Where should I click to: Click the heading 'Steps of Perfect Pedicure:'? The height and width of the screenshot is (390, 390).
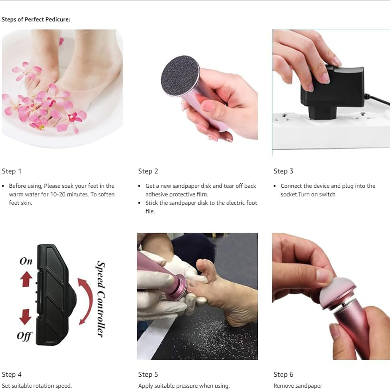click(36, 20)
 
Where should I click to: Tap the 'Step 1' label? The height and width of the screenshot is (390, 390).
click(11, 171)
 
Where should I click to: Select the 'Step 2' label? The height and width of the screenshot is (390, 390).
click(148, 171)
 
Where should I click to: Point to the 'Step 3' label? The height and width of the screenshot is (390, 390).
click(283, 171)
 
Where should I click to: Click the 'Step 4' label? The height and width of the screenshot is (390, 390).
click(12, 374)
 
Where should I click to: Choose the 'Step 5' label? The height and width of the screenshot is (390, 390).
click(148, 374)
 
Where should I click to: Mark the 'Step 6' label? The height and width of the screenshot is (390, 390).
click(283, 374)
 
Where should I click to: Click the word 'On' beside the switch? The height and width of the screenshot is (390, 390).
click(26, 261)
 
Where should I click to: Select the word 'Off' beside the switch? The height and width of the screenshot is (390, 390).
click(24, 336)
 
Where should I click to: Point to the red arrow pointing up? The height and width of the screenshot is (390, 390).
click(26, 279)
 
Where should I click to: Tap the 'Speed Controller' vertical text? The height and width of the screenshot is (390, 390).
click(101, 299)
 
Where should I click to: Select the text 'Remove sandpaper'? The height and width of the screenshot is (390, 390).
click(298, 386)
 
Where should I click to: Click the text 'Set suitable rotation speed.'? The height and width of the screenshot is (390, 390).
click(37, 386)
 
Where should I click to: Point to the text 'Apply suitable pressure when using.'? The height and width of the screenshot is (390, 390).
click(184, 386)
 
